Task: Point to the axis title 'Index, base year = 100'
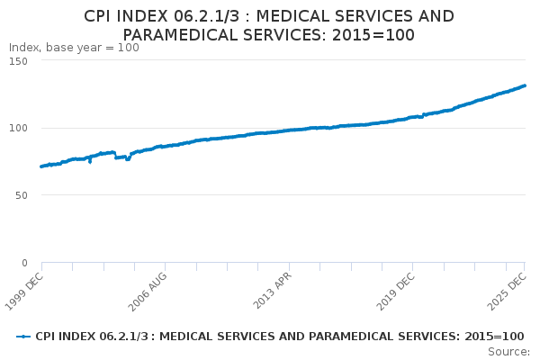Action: point(74,48)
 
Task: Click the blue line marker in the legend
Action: point(24,336)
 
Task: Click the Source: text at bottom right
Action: point(509,351)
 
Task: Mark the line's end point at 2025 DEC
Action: point(525,85)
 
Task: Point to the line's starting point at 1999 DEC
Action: point(41,166)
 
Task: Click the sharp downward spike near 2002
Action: point(90,162)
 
